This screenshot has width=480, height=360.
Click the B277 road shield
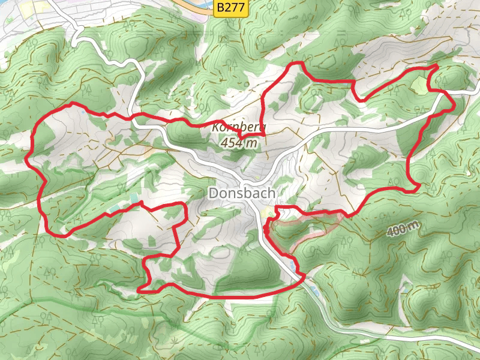click(231, 8)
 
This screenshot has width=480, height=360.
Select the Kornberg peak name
click(238, 128)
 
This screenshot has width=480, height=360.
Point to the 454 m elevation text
click(239, 143)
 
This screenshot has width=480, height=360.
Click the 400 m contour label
click(403, 229)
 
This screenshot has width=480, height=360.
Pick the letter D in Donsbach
click(213, 193)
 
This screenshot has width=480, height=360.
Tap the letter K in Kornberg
click(215, 128)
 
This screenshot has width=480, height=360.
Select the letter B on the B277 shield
click(221, 8)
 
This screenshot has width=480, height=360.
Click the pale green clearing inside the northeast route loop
click(419, 85)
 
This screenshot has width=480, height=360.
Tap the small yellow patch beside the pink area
click(268, 212)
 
